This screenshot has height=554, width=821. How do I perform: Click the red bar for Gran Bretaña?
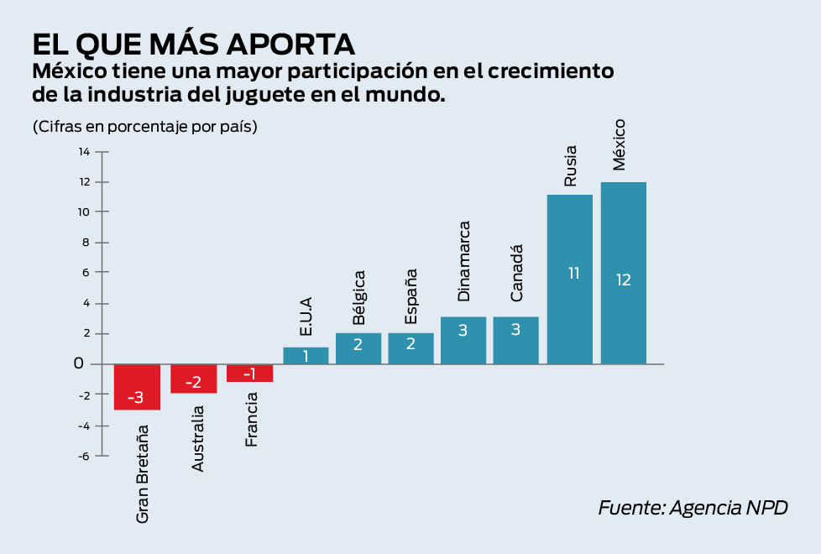coord(137,387)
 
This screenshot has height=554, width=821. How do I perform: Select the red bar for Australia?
coord(193,379)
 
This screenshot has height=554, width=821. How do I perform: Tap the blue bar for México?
coord(623,273)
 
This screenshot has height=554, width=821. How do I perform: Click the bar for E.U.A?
coord(306,356)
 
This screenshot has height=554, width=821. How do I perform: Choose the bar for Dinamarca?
coord(463,341)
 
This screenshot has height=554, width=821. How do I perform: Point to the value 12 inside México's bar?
coord(623,280)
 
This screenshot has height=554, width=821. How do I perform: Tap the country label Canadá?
coord(517,273)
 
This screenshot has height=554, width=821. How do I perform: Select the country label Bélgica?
coord(358,297)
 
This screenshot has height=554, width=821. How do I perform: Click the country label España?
coord(410,296)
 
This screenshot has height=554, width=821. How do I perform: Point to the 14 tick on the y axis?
coord(84,152)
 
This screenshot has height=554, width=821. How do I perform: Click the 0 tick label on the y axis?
coord(78,364)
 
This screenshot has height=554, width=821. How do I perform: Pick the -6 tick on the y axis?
coord(84,456)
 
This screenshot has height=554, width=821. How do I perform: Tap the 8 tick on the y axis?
coord(84,243)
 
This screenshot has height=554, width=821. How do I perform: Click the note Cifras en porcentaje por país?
coord(144,128)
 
